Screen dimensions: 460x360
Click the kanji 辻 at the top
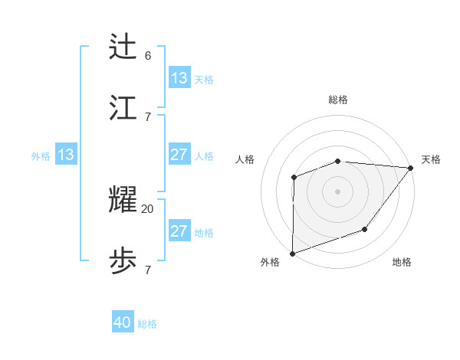pos(123,48)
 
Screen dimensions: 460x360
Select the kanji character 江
pos(123,109)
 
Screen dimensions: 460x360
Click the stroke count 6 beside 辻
pos(148,55)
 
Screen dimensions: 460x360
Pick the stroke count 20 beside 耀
pos(148,208)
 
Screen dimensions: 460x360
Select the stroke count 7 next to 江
pos(148,116)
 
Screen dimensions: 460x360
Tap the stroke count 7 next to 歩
pos(148,270)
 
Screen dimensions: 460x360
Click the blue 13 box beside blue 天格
pos(179,78)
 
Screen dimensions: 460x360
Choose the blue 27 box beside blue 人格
pos(179,155)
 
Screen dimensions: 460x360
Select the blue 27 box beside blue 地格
pos(179,231)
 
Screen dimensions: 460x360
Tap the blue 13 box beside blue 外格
pos(66,155)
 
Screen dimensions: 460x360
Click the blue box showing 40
pos(123,322)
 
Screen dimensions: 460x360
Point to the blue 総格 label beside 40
pos(148,324)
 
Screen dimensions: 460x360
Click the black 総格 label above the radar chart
pos(338,100)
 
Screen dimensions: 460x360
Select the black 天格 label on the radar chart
pos(431,159)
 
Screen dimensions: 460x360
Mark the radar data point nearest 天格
pos(411,168)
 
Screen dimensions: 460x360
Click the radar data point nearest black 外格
pos(293,253)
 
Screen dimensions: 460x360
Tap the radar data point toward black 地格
pos(365,229)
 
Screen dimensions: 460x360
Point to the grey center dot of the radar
pos(337,191)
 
